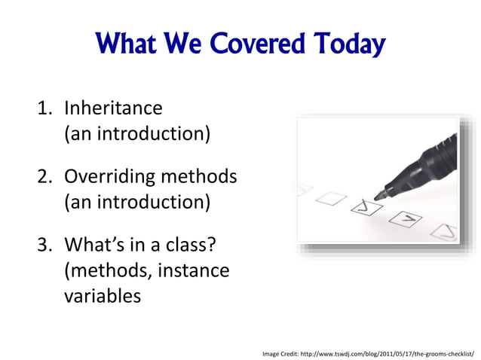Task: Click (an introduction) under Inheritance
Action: [x=136, y=135]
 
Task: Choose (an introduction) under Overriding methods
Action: [x=136, y=203]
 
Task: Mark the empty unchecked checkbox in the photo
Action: [x=331, y=199]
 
